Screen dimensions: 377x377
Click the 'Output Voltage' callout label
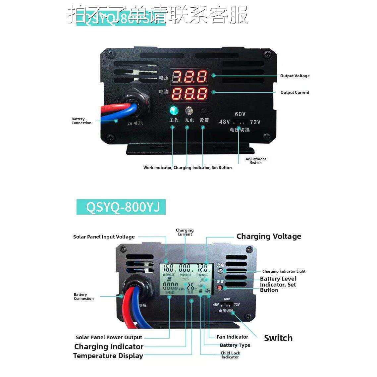coord(295,76)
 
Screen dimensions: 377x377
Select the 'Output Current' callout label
coord(295,92)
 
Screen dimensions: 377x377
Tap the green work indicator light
coord(173,110)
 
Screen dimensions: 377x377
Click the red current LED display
coord(189,93)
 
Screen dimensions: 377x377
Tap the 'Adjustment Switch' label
coord(256,161)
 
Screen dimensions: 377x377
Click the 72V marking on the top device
coord(255,122)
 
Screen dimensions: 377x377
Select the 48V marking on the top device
coord(224,122)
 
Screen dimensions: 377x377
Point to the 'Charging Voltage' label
coord(269,237)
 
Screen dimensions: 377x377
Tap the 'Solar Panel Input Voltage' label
coord(104,237)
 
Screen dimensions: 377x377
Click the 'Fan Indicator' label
coord(232,337)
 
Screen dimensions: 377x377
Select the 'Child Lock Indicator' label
coord(230,355)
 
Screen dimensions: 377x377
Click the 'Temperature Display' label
coord(108,356)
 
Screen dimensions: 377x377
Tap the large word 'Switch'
coord(278,338)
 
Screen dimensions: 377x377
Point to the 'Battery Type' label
coord(235,345)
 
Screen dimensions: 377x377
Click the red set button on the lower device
coord(220,288)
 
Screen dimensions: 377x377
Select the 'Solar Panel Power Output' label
coord(109,338)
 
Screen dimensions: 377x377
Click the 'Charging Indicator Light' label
coord(284,271)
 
